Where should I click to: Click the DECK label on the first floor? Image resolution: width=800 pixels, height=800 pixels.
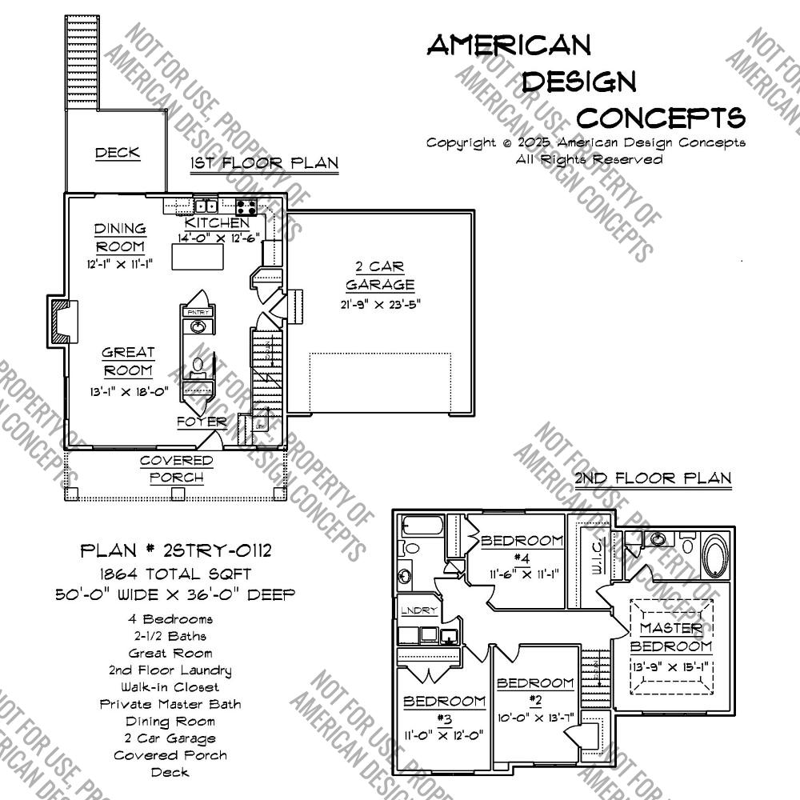coord(118,153)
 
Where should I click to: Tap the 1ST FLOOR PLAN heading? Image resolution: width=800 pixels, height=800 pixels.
coord(264,164)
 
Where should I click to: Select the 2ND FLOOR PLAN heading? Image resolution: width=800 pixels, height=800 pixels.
coord(653,478)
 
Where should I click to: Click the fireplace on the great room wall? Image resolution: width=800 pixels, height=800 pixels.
coord(61,324)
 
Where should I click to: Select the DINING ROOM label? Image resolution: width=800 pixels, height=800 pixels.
coord(121,238)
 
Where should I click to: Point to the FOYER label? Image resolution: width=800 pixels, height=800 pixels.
coord(202,422)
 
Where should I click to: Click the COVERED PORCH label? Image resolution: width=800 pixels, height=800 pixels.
coord(177,470)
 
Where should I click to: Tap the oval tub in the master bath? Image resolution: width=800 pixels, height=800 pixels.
coord(714,555)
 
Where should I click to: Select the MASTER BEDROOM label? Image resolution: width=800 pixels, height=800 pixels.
coord(670,638)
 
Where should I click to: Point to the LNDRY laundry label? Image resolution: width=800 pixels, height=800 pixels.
coord(420,611)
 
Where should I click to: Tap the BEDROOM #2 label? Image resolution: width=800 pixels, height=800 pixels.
coord(535,690)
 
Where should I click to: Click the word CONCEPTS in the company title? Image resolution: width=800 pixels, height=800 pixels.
coord(661,118)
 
